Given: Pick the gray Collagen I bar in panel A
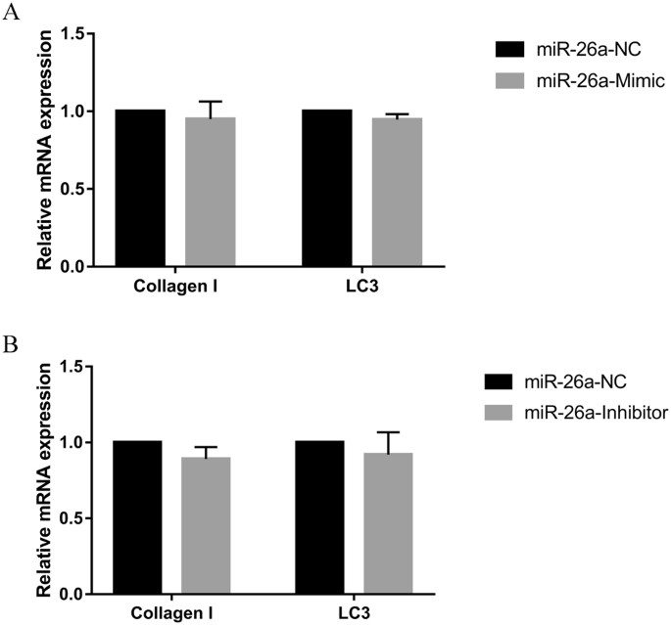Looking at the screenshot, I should [x=211, y=192].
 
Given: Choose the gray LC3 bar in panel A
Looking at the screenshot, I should [x=397, y=192].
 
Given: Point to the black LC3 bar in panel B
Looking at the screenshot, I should [x=320, y=517].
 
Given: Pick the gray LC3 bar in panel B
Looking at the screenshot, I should [x=390, y=523].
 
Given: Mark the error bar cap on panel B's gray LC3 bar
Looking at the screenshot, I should [x=390, y=432].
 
